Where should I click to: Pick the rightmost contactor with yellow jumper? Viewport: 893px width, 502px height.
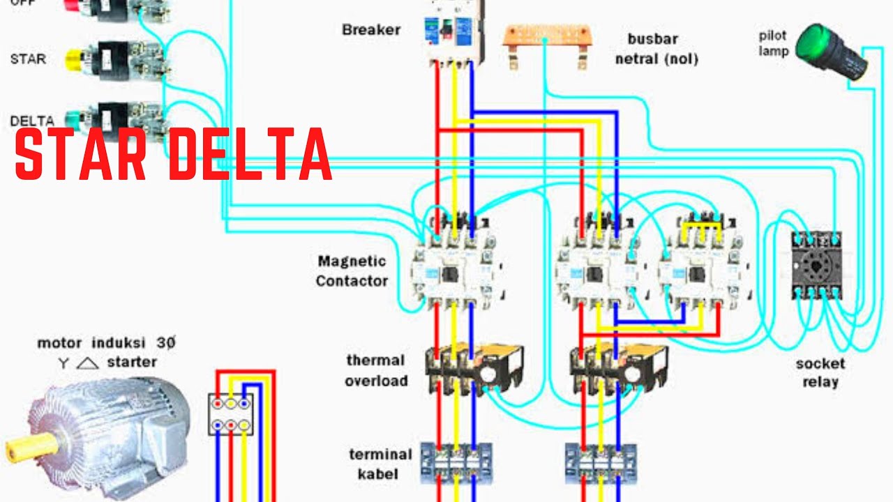[x=703, y=265]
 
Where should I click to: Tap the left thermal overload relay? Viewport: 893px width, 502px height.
[x=474, y=370]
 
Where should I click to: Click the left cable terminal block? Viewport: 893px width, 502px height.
[x=456, y=463]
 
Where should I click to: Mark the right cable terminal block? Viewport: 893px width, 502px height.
[x=600, y=463]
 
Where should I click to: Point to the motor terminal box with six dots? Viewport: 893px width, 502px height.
[x=230, y=414]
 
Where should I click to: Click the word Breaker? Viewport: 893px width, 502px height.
[x=371, y=30]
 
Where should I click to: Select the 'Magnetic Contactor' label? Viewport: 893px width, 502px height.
[x=352, y=271]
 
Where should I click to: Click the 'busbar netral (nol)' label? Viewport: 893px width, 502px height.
[x=656, y=49]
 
